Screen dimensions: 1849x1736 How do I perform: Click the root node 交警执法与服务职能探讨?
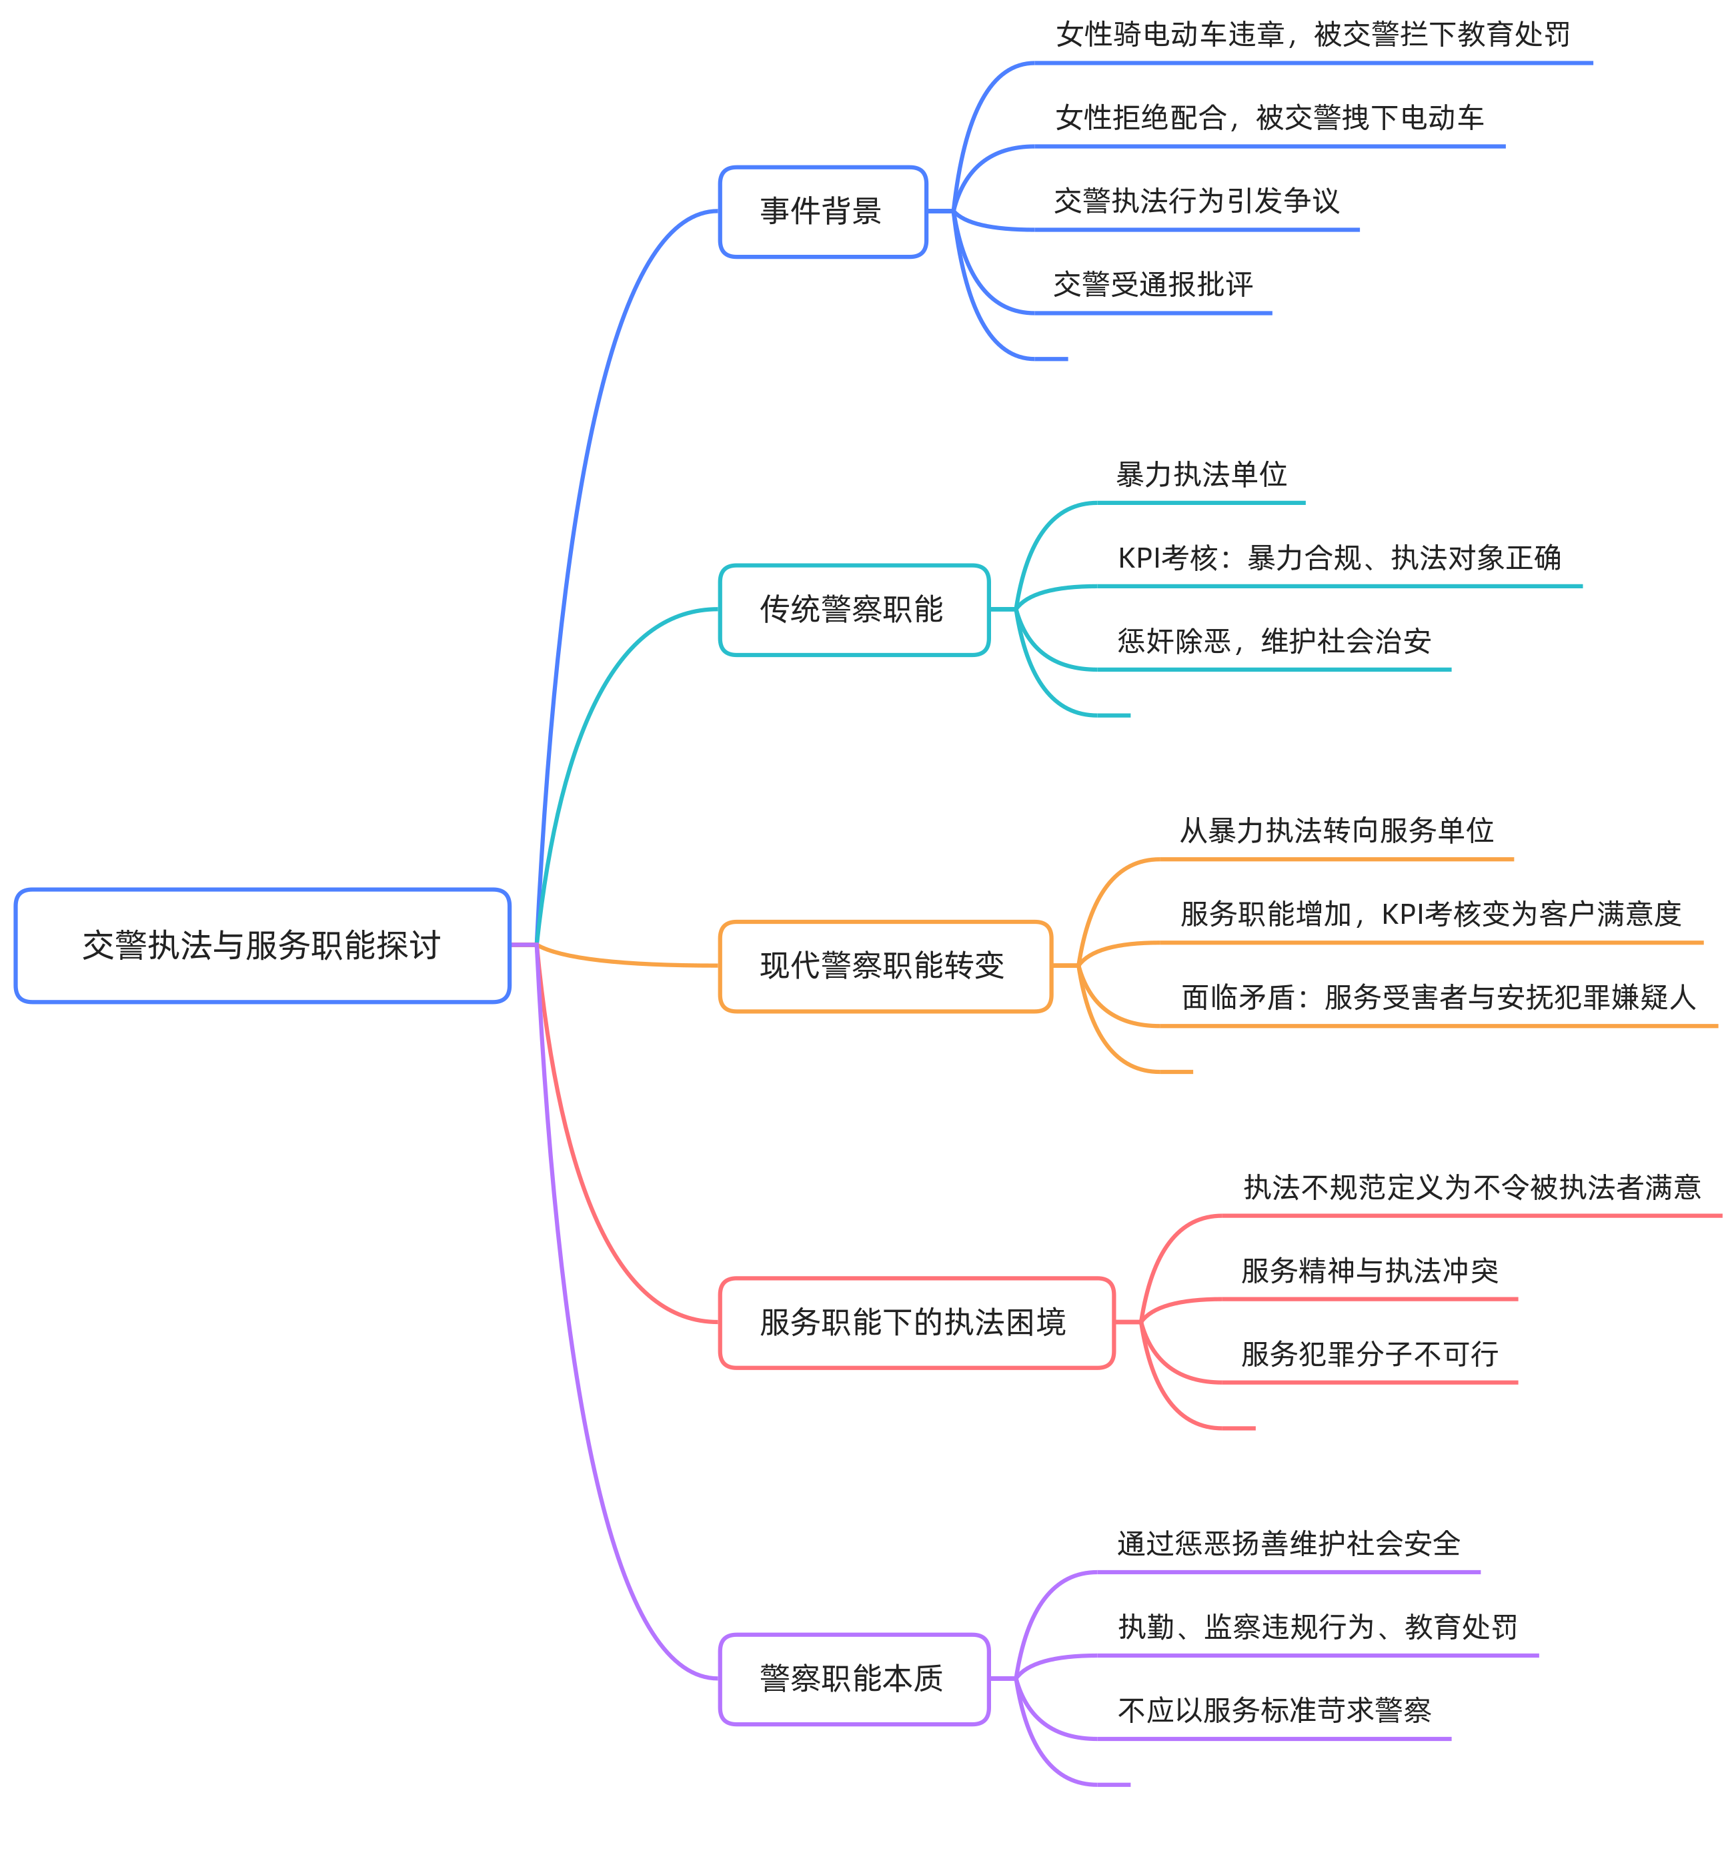(x=262, y=945)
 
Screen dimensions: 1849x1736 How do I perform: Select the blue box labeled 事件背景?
(x=822, y=211)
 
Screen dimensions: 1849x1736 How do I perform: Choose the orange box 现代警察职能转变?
(x=884, y=965)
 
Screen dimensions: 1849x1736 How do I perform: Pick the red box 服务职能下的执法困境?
(x=915, y=1321)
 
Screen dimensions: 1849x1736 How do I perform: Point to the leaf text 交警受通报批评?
(x=1153, y=283)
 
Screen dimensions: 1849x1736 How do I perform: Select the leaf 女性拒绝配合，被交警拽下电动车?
(x=1269, y=117)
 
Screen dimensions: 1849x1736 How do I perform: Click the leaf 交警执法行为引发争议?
(x=1196, y=201)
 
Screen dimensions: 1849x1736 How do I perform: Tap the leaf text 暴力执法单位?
(x=1201, y=474)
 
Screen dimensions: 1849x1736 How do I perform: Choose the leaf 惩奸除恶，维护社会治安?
(x=1274, y=641)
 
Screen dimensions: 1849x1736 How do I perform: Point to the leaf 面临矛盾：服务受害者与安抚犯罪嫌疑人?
(x=1439, y=997)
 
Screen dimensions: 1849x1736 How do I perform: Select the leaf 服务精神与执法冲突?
(x=1370, y=1271)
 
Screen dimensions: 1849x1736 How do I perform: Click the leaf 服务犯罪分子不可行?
(x=1370, y=1353)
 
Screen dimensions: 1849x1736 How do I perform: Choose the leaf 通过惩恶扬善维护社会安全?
(x=1288, y=1544)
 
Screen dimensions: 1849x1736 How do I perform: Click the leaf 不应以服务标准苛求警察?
(x=1274, y=1710)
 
